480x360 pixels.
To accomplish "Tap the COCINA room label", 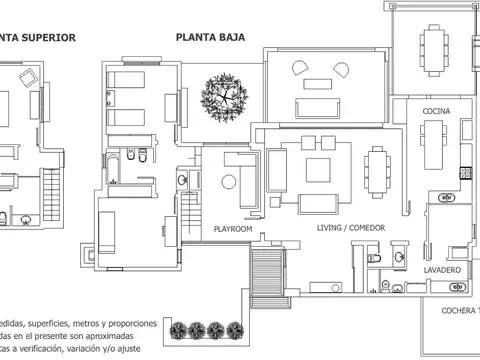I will [x=437, y=110].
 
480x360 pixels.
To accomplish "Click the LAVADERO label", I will [x=441, y=271].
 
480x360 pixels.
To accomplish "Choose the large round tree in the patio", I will [x=222, y=98].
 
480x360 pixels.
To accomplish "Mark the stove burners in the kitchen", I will [x=466, y=173].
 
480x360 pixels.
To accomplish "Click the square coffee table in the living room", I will [x=318, y=169].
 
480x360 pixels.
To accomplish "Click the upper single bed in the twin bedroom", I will [x=127, y=81].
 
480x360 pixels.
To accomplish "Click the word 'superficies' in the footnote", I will [x=64, y=324].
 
